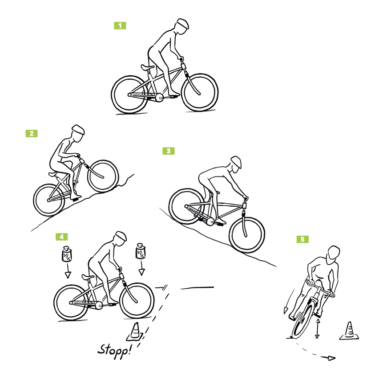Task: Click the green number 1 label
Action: coord(120,25)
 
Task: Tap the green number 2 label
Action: coord(32,134)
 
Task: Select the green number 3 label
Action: coord(169,151)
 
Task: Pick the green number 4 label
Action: coord(62,237)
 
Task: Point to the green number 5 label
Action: coord(302,239)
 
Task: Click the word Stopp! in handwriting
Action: coord(114,351)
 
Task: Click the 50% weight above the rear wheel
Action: coord(66,254)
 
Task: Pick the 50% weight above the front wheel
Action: coord(140,251)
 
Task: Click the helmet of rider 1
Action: coord(183,24)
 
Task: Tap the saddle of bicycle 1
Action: coord(148,67)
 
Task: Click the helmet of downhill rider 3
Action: coord(237,162)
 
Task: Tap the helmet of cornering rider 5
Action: coord(334,252)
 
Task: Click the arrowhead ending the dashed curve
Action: coord(331,358)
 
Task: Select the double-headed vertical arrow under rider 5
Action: coord(318,328)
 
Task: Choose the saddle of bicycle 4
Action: coord(88,277)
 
